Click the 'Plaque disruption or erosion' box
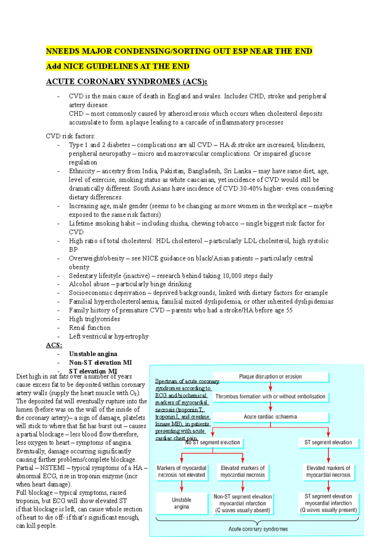pos(270,377)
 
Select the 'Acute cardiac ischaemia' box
pos(270,417)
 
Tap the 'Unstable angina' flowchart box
pos(181,503)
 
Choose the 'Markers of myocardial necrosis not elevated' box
pos(181,472)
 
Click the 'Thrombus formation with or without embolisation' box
pos(270,397)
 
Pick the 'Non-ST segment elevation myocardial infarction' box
pos(243,503)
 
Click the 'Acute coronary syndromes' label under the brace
pos(258,529)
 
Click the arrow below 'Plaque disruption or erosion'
pos(270,386)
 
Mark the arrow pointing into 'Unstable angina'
pos(182,486)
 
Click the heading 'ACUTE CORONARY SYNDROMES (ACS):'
pos(127,82)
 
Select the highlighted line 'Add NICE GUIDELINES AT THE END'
pos(117,66)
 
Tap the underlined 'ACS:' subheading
pos(54,345)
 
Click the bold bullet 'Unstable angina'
pos(93,354)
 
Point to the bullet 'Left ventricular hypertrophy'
pos(109,336)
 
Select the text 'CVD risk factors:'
pos(71,136)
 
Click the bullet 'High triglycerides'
pos(94,319)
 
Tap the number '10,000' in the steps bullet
pos(232,276)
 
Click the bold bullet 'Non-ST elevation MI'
pos(100,363)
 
